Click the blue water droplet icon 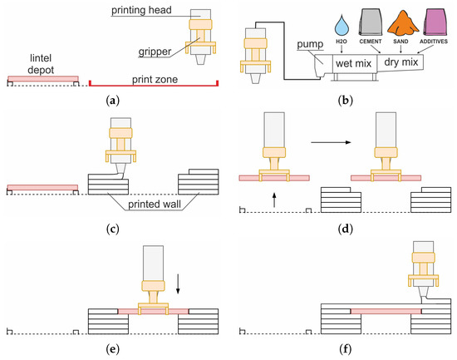(342, 26)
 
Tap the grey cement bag (370, 22)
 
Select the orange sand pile (402, 23)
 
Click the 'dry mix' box (400, 62)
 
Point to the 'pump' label (310, 44)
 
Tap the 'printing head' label (141, 10)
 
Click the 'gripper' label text (155, 52)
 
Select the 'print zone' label (155, 79)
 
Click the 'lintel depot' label (41, 64)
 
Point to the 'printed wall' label (155, 204)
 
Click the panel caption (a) (113, 101)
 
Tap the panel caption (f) (346, 349)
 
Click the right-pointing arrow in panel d (331, 142)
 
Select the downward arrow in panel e (178, 284)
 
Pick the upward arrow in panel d (274, 200)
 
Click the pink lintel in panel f (386, 311)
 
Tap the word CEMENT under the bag (371, 42)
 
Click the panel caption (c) (113, 229)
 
